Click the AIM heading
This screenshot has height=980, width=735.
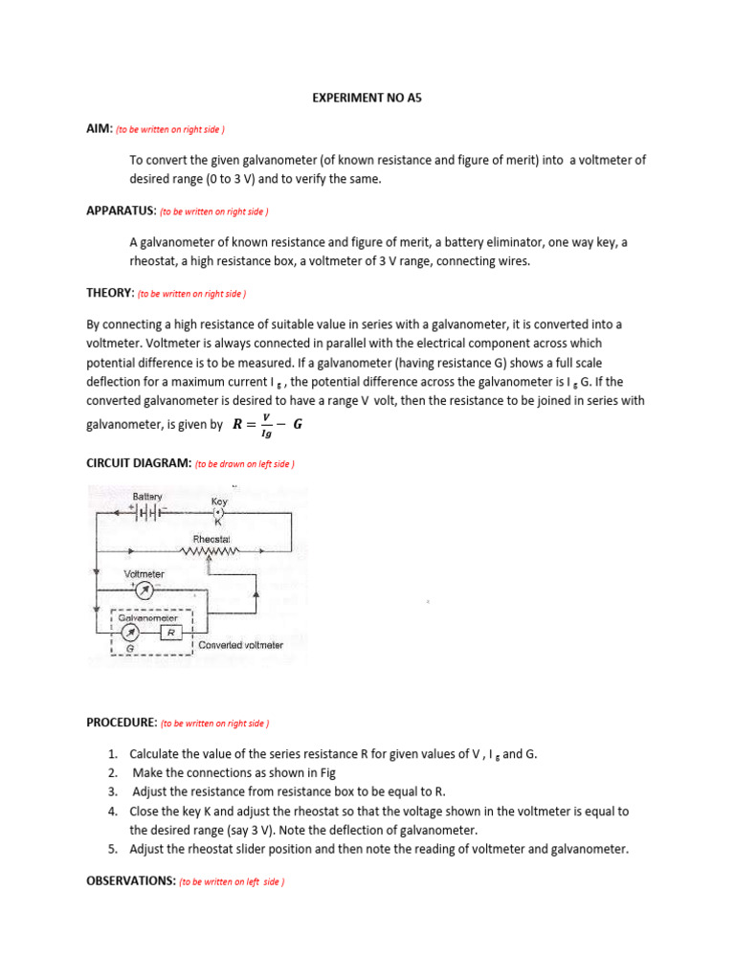pyautogui.click(x=100, y=127)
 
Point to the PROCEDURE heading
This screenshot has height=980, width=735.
pyautogui.click(x=122, y=723)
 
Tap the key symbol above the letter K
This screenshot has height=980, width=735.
pyautogui.click(x=218, y=512)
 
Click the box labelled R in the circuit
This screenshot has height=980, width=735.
pyautogui.click(x=169, y=633)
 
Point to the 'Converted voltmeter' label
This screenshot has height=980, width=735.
pyautogui.click(x=240, y=645)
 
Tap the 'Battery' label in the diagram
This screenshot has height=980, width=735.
pyautogui.click(x=146, y=497)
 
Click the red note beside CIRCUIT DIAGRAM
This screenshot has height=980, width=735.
pyautogui.click(x=244, y=464)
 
